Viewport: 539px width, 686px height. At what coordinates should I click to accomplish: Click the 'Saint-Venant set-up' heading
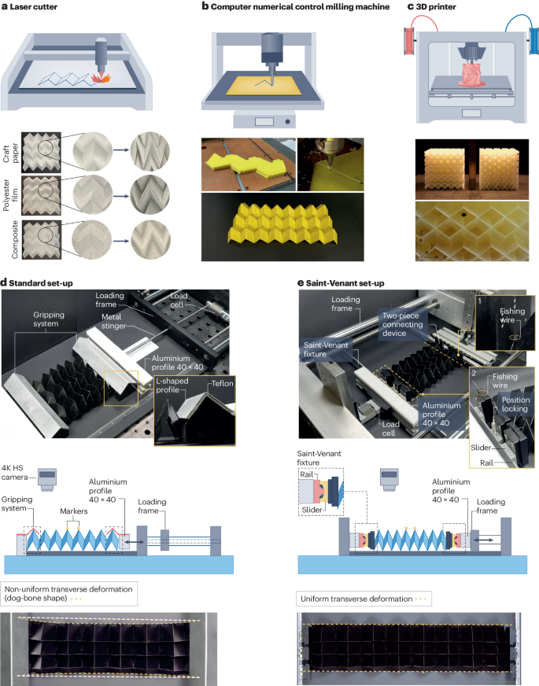356,275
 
